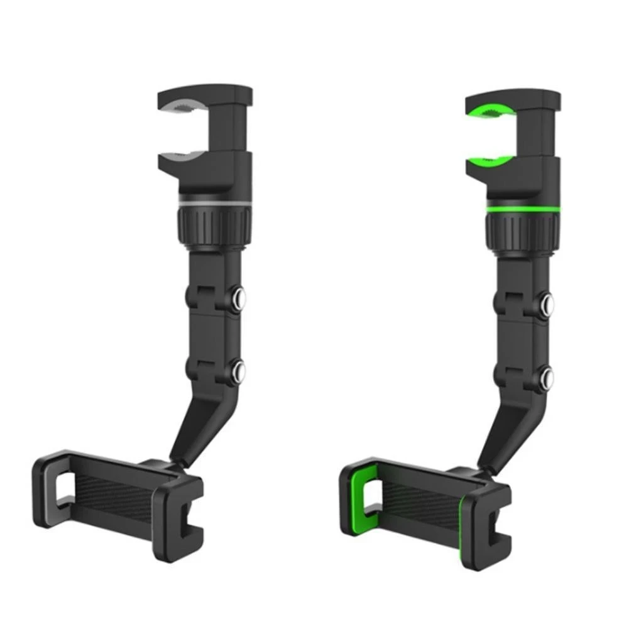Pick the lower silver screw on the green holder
[x=549, y=377]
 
